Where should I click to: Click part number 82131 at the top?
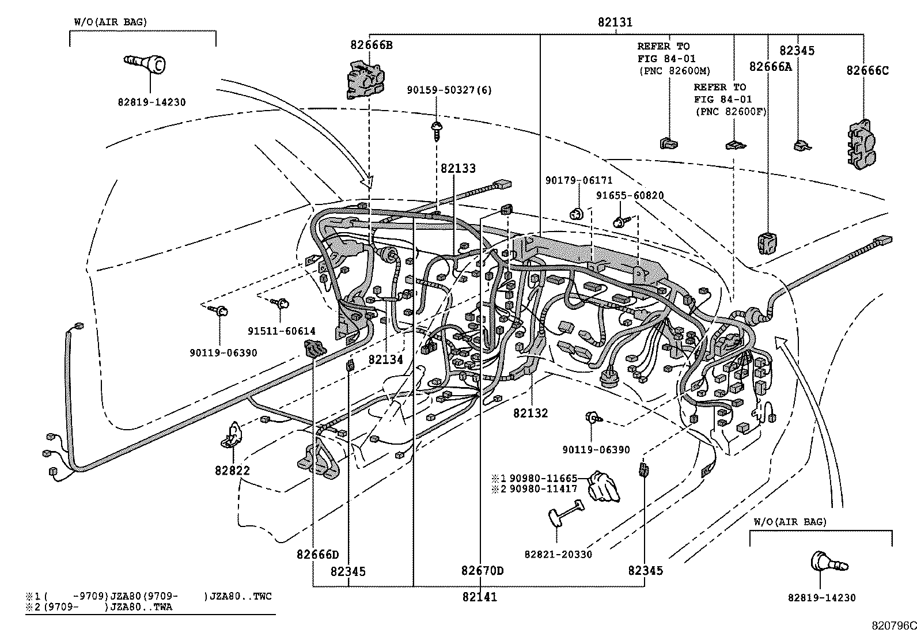tap(615, 22)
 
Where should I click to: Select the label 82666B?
tap(371, 44)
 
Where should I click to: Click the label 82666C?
tap(867, 71)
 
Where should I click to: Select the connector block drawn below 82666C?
tap(860, 144)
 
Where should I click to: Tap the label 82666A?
tap(770, 67)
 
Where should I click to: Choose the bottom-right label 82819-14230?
tap(821, 598)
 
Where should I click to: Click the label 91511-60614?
tap(282, 331)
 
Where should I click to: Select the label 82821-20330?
tap(558, 554)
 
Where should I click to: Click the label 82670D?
tap(482, 571)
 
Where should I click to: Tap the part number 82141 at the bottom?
tap(479, 597)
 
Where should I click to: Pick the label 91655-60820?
tap(630, 196)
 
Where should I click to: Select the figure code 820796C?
tap(893, 626)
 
